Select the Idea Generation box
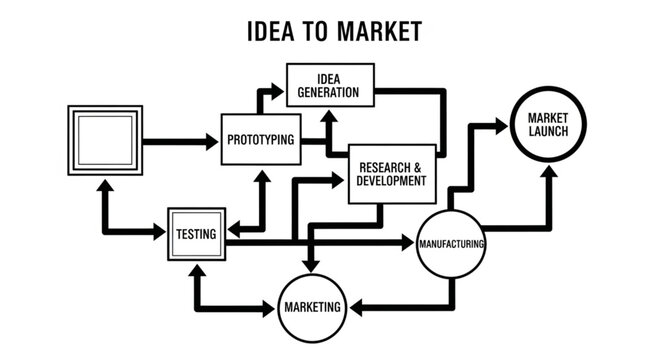click(x=330, y=86)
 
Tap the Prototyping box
click(x=260, y=139)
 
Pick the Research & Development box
click(x=391, y=173)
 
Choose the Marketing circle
click(x=310, y=307)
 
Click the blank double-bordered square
click(x=103, y=139)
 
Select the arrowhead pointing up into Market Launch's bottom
click(x=548, y=173)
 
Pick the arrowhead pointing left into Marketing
click(x=352, y=308)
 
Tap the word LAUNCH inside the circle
click(x=547, y=134)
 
